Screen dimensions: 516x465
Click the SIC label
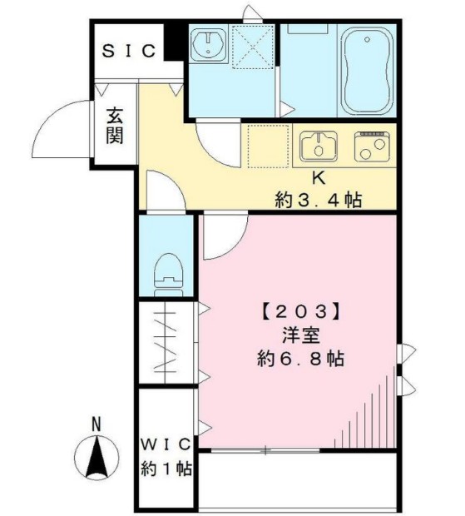pyautogui.click(x=129, y=51)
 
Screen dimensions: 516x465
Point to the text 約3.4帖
pyautogui.click(x=319, y=200)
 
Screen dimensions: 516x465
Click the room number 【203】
pyautogui.click(x=301, y=313)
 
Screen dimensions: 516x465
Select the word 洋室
pyautogui.click(x=301, y=336)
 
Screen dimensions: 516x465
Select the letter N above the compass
pyautogui.click(x=96, y=424)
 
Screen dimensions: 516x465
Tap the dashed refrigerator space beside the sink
pyautogui.click(x=266, y=146)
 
